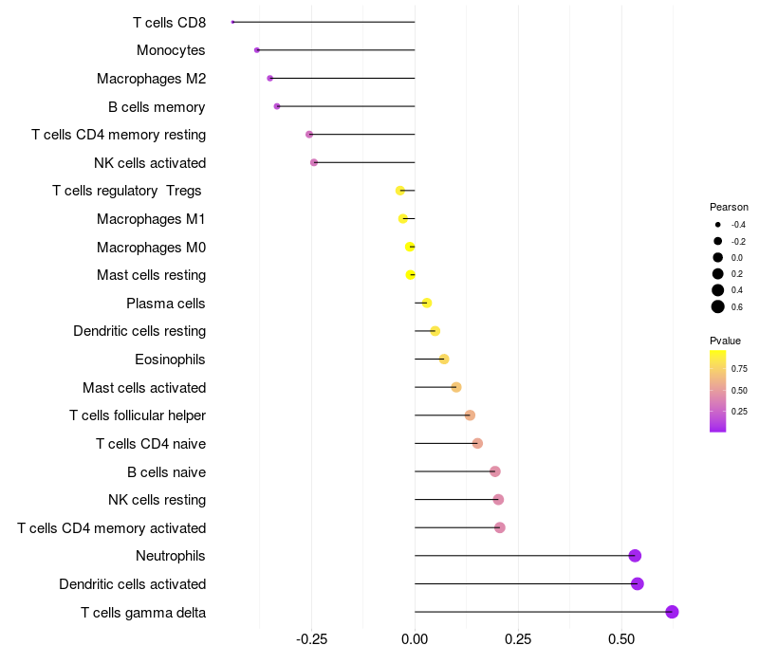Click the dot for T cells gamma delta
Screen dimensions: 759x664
point(672,612)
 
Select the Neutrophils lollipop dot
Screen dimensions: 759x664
point(635,556)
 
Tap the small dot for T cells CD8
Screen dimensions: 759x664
point(232,22)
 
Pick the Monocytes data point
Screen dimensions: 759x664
point(257,50)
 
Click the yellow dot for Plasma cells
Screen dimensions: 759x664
point(426,303)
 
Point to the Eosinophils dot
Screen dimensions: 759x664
point(444,360)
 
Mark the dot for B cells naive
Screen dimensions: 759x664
point(494,471)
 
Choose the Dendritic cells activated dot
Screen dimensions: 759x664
point(638,583)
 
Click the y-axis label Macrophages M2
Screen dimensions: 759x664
point(151,79)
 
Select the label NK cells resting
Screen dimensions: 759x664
point(157,500)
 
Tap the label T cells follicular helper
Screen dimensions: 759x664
point(138,415)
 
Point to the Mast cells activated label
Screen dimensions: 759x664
point(144,388)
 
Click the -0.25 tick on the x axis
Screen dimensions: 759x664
point(311,639)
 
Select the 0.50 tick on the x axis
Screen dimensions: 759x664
point(621,639)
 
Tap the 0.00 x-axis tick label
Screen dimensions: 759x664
point(415,639)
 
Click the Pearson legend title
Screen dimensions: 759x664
point(729,207)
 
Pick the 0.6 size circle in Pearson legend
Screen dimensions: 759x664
point(718,306)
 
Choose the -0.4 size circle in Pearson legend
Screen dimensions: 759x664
point(718,225)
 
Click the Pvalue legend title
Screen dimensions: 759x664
point(725,341)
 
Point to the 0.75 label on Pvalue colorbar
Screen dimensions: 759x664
point(739,369)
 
